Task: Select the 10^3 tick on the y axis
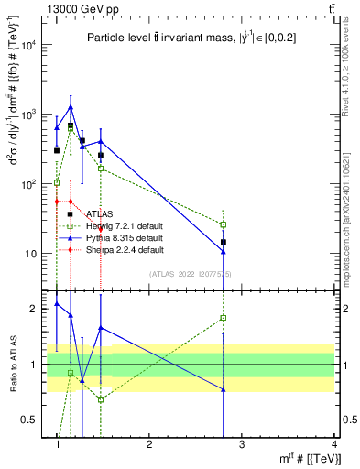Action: click(33, 115)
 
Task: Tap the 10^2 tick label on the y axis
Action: click(33, 184)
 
